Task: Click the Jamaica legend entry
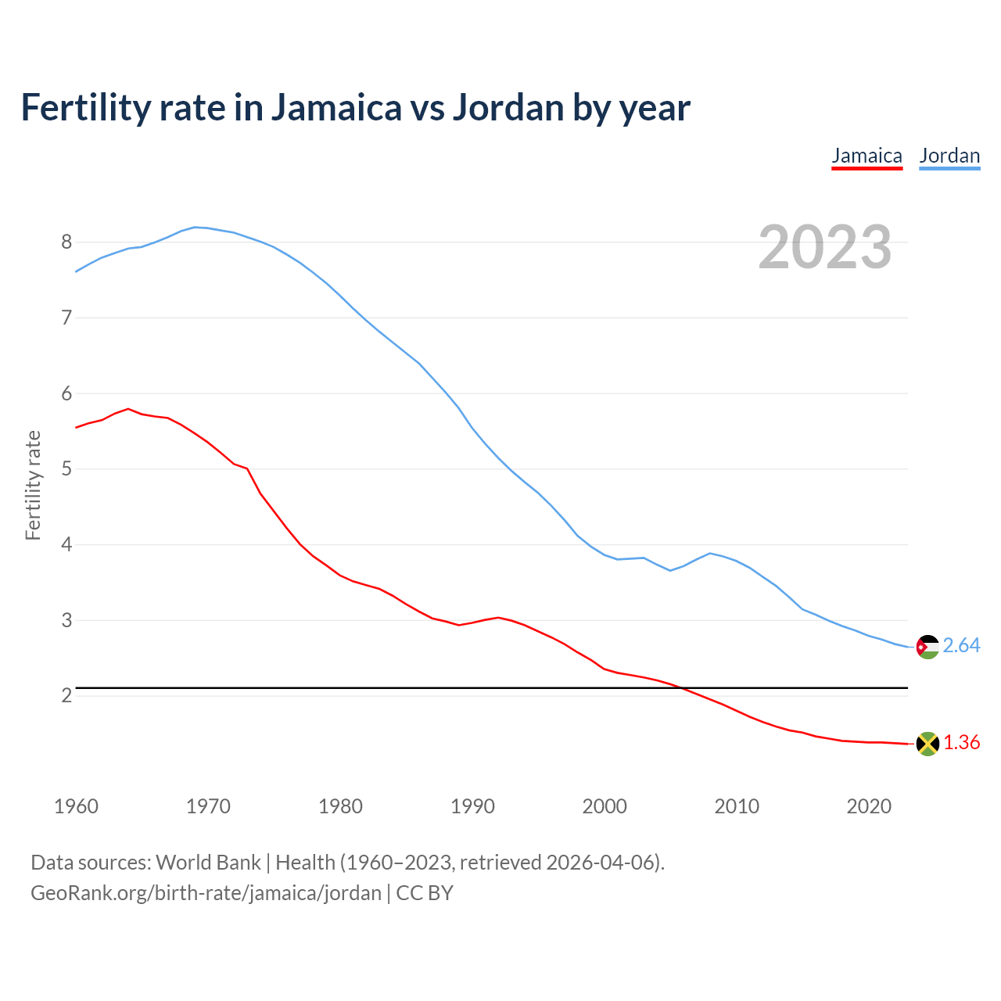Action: click(x=866, y=156)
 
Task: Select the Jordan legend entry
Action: click(x=949, y=156)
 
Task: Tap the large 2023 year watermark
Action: click(x=825, y=247)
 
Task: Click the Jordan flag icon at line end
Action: click(x=927, y=647)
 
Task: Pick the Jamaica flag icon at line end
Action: click(x=927, y=744)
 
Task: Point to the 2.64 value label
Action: click(x=961, y=646)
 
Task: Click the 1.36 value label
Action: click(x=961, y=743)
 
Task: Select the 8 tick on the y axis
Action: click(x=66, y=242)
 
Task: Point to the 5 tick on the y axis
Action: click(x=66, y=469)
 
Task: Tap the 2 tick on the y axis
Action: click(x=66, y=696)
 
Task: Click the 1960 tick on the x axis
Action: click(x=76, y=806)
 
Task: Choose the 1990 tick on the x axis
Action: click(x=472, y=806)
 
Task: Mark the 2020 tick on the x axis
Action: click(x=869, y=806)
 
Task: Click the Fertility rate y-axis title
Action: click(x=33, y=485)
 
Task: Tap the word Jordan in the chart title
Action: click(x=508, y=108)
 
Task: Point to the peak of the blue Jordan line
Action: click(x=196, y=227)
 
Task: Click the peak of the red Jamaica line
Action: click(x=128, y=408)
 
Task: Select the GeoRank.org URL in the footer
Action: click(x=206, y=893)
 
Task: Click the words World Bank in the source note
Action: click(x=208, y=863)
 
